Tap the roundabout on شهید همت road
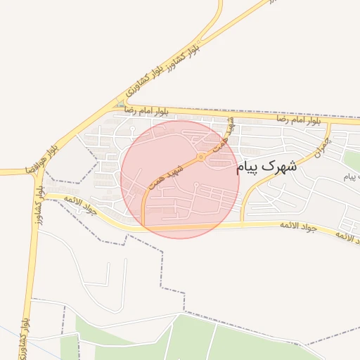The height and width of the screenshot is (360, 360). (200, 157)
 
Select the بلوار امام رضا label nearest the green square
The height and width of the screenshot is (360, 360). (146, 111)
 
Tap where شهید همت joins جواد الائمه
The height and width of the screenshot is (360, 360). (143, 227)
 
